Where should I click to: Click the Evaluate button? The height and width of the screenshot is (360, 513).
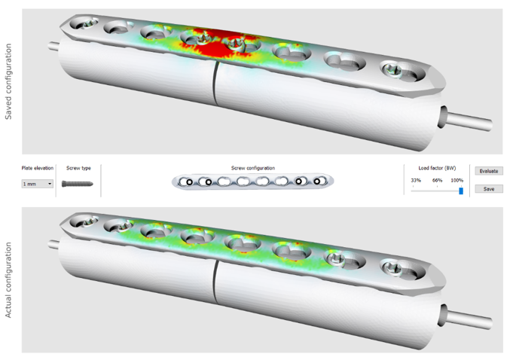click(489, 171)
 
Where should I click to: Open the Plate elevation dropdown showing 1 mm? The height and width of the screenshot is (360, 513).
click(38, 184)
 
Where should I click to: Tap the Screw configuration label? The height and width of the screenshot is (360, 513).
click(252, 168)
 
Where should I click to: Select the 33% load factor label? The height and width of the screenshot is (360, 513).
click(416, 181)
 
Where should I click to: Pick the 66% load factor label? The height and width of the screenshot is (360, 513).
click(437, 181)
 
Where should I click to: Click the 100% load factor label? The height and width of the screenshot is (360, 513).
click(457, 181)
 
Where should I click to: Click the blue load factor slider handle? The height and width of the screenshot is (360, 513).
click(461, 191)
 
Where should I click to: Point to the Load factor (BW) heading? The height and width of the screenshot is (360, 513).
click(437, 168)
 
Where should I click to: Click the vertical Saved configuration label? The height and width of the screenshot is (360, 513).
click(8, 81)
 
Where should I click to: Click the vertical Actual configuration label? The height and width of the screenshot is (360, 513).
click(8, 280)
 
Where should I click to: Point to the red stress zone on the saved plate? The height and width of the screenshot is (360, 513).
click(226, 41)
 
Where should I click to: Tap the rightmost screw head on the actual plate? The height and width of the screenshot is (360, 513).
click(393, 265)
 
